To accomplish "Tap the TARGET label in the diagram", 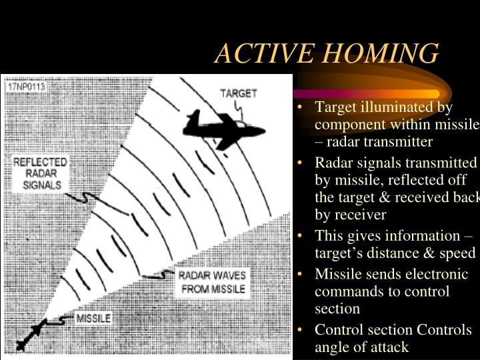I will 238,93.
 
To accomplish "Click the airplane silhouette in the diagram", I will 223,127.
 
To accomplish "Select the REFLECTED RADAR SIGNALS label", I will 40,173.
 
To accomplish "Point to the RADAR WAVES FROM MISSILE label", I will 213,283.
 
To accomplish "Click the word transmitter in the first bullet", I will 398,142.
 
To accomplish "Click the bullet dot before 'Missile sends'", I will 303,275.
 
